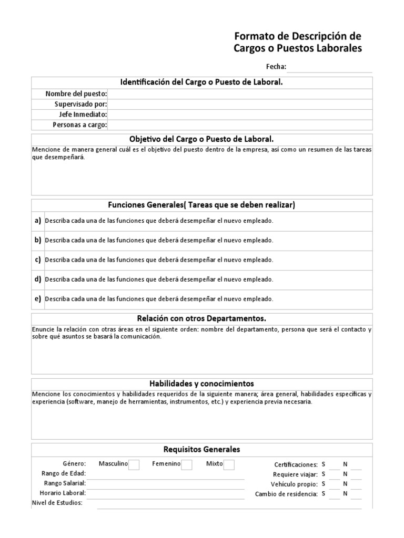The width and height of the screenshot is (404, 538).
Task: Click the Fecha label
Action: (276, 67)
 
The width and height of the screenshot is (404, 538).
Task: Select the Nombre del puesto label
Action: (76, 94)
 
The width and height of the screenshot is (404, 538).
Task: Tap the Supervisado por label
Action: (80, 104)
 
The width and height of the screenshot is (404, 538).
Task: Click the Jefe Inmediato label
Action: (83, 114)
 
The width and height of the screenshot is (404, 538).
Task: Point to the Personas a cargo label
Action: (79, 125)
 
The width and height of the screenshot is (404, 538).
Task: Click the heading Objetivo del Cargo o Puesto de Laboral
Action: (201, 139)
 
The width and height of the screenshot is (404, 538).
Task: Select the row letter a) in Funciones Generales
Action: (38, 221)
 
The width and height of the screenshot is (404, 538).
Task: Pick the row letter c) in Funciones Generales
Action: (38, 260)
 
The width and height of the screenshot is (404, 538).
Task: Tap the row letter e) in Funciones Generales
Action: (38, 298)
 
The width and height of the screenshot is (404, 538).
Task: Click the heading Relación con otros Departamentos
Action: (201, 319)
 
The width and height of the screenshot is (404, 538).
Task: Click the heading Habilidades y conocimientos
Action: (201, 384)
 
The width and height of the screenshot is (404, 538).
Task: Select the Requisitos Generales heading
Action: (201, 449)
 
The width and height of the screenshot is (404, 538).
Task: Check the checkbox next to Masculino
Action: (134, 464)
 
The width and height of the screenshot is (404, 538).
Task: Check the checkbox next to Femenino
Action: (187, 464)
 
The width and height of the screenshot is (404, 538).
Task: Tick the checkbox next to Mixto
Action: (229, 464)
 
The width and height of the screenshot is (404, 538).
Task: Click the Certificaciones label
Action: (296, 464)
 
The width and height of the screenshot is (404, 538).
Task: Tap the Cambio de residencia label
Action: (286, 494)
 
